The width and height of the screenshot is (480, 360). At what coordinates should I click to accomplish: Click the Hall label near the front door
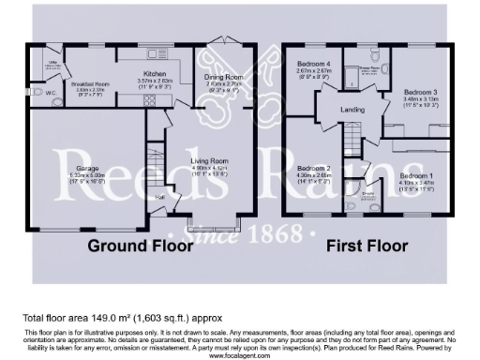(x=160, y=197)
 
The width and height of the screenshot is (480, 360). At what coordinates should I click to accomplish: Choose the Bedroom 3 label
(x=421, y=92)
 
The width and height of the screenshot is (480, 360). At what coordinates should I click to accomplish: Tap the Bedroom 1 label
(x=415, y=175)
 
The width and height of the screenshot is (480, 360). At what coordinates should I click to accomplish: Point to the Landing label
(x=352, y=110)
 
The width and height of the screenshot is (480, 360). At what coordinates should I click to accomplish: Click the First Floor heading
(x=367, y=247)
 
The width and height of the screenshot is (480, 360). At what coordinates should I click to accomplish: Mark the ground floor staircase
(x=157, y=160)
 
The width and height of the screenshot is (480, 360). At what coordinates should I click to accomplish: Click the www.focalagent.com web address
(x=240, y=356)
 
